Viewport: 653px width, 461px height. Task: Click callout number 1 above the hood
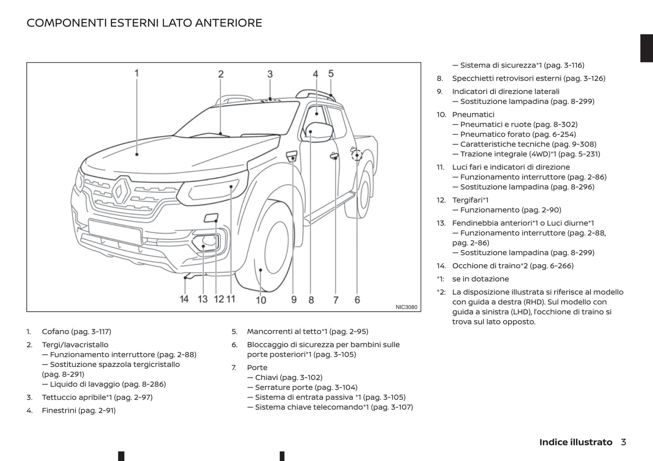pyautogui.click(x=136, y=73)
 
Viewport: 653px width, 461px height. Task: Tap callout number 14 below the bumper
pyautogui.click(x=184, y=299)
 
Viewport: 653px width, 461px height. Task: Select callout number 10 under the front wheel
pyautogui.click(x=261, y=300)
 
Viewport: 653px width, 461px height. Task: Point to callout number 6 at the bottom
pyautogui.click(x=357, y=299)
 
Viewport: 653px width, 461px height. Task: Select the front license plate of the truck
pyautogui.click(x=115, y=232)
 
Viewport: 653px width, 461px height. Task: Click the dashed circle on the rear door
pyautogui.click(x=357, y=155)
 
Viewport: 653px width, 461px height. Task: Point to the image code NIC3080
pyautogui.click(x=406, y=307)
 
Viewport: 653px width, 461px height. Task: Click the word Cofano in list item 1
pyautogui.click(x=55, y=332)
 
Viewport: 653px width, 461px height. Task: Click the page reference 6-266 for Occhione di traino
pyautogui.click(x=560, y=266)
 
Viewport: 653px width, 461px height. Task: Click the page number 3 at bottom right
pyautogui.click(x=623, y=442)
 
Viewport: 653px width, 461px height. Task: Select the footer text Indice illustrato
pyautogui.click(x=575, y=442)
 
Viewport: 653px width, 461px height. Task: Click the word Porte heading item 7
pyautogui.click(x=257, y=368)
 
